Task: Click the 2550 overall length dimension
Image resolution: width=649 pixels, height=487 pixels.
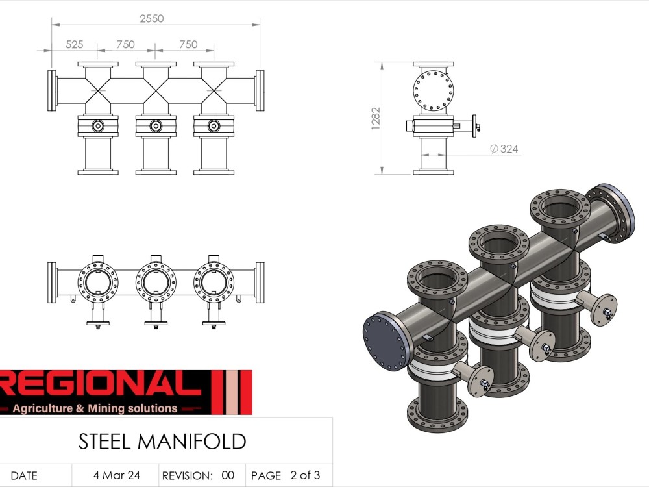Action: click(153, 19)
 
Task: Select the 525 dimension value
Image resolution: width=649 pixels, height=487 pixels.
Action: click(75, 44)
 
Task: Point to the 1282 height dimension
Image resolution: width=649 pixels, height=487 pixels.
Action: click(376, 118)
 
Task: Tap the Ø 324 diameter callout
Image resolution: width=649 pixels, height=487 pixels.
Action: click(504, 149)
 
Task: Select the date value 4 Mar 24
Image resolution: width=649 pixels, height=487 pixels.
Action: click(116, 475)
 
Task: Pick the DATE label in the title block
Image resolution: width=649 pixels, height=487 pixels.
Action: click(24, 475)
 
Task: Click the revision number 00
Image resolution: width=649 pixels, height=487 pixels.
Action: click(227, 475)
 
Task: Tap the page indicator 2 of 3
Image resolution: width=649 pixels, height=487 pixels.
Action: click(305, 475)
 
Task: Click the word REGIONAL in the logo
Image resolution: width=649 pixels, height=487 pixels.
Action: click(97, 386)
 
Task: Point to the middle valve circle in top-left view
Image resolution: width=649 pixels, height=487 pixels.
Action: click(156, 126)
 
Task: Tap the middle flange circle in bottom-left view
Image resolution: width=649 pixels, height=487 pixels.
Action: click(156, 281)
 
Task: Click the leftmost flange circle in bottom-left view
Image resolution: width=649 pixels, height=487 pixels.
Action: click(98, 281)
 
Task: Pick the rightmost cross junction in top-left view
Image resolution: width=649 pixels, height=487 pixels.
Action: click(214, 91)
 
